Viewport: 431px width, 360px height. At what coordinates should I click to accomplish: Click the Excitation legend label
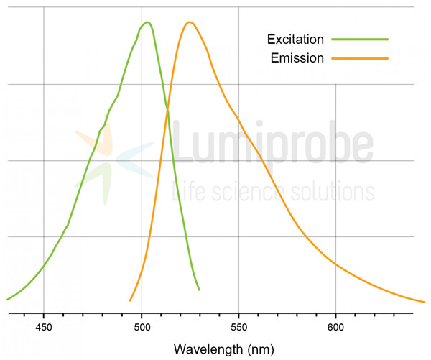[295, 39]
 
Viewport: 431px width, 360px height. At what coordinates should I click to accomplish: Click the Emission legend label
[297, 57]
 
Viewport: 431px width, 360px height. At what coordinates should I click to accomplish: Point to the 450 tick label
[44, 326]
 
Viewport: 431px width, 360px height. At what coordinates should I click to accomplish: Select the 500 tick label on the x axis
[142, 326]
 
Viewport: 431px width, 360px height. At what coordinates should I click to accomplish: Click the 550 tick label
[238, 326]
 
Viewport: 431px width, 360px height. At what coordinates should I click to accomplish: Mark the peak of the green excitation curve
[147, 22]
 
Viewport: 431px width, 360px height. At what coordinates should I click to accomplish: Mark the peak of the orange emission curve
[190, 22]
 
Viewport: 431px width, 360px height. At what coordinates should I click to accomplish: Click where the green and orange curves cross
[168, 109]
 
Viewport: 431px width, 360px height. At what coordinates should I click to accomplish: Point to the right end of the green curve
[199, 290]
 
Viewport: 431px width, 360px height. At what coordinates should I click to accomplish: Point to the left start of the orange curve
[130, 300]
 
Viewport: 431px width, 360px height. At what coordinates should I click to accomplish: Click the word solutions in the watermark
[330, 192]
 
